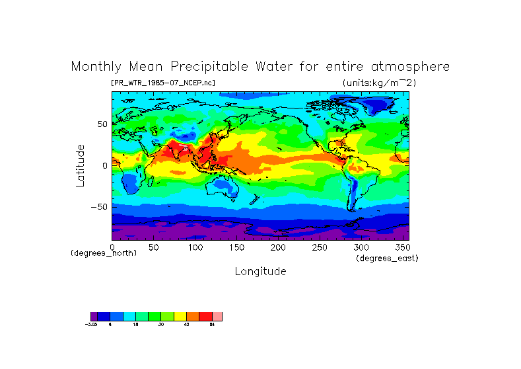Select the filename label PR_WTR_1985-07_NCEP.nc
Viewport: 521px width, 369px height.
[x=163, y=83]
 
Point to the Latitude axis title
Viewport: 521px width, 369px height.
[x=80, y=165]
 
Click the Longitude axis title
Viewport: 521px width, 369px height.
[x=260, y=271]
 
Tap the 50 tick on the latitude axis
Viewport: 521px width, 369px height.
[x=102, y=124]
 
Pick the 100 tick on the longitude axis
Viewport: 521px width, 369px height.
[x=195, y=247]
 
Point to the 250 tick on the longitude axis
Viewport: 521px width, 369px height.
[x=318, y=247]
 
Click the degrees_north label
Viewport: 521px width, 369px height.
[x=104, y=254]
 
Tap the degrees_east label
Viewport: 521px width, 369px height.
[x=387, y=258]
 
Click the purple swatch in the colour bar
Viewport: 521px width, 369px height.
[x=94, y=317]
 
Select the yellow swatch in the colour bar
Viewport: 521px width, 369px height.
[x=180, y=317]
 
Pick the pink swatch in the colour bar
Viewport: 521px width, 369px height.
[x=217, y=317]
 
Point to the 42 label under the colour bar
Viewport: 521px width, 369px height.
[x=187, y=325]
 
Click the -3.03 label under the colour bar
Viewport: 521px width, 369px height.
[x=91, y=325]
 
